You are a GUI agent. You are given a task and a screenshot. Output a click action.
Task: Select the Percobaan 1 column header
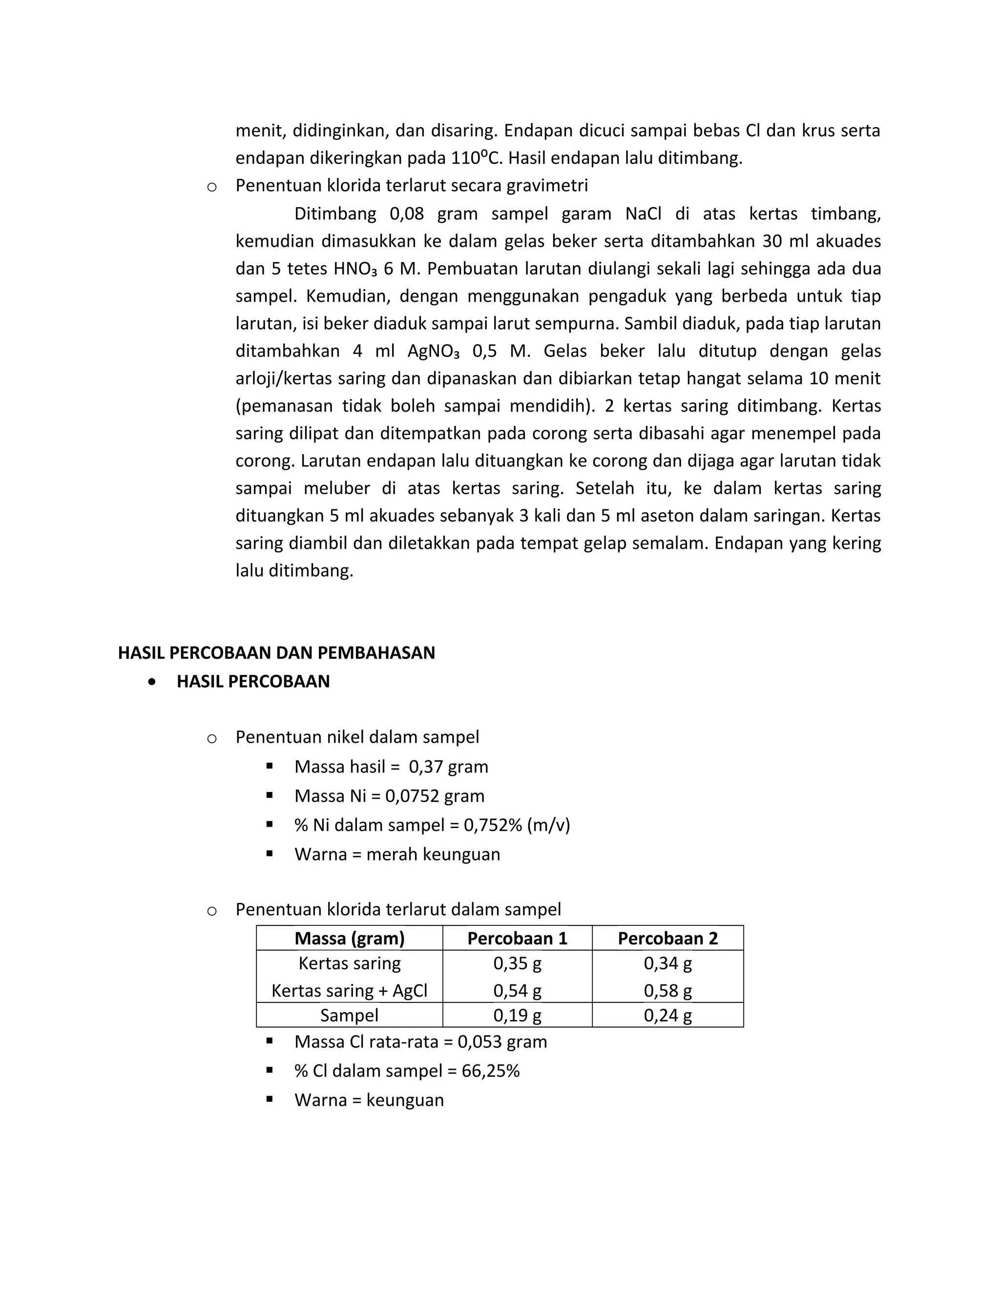[x=517, y=938]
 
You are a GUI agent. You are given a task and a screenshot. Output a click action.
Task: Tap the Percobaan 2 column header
[x=667, y=938]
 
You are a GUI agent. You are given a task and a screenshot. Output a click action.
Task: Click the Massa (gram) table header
[x=350, y=938]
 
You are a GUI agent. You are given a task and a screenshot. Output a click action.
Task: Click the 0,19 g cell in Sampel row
[x=517, y=1015]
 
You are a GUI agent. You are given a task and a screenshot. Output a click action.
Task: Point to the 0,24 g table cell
[x=667, y=1015]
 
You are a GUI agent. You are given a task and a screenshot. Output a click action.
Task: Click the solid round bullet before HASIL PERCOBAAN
[x=153, y=682]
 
